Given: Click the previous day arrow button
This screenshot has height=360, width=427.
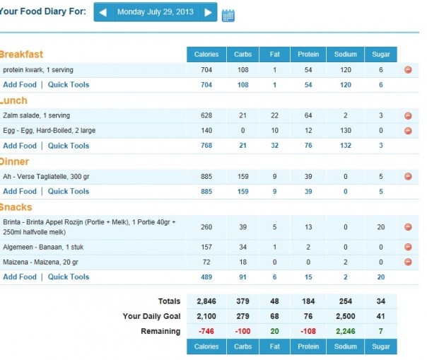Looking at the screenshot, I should pos(103,12).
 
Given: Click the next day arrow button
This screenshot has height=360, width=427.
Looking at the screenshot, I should pos(208,12).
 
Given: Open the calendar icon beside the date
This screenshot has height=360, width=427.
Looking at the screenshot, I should pos(228,14).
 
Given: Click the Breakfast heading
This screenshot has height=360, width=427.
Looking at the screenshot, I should pos(21,54).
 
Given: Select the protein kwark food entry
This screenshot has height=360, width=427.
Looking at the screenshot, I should pos(38,70).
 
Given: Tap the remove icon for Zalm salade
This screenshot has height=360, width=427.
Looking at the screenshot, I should pos(408,115).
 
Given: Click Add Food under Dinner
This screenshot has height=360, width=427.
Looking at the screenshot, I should pos(20,191).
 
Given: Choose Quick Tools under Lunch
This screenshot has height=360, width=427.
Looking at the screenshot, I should pos(69,146).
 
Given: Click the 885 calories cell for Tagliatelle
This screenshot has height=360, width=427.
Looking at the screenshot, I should pos(206,176).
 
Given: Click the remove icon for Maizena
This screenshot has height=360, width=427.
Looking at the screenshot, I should pos(408,262).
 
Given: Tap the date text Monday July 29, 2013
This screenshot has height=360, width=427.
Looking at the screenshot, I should pos(156,12).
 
